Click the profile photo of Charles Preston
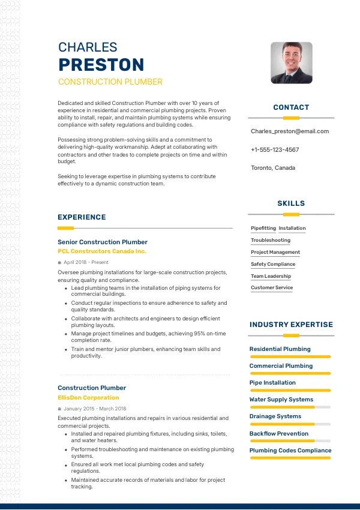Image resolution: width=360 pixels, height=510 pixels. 292,62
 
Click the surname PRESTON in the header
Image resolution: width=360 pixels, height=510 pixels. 101,65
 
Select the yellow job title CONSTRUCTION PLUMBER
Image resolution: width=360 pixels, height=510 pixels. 110,82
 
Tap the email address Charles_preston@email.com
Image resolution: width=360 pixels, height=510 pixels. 290,131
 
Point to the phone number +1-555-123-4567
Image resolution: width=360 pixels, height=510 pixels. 275,150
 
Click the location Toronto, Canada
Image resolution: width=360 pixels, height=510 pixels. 273,168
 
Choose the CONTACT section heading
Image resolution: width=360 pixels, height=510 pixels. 291,107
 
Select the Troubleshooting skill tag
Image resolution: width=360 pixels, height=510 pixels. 271,241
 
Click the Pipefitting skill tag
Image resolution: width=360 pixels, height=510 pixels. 263,229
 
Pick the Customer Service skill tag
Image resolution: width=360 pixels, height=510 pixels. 272,288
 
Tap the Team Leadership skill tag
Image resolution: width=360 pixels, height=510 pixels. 271,276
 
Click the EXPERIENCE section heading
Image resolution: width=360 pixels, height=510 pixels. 82,217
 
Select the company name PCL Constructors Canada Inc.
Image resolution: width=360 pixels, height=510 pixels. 102,251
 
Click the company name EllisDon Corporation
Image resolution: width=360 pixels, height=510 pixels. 88,398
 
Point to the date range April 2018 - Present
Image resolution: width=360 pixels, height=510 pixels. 86,263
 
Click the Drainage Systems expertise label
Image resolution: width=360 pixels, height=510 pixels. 275,416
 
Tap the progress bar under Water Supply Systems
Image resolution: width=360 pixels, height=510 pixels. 290,407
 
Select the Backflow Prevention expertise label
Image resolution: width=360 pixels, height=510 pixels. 279,433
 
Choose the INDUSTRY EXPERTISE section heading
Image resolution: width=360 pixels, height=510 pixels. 291,325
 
